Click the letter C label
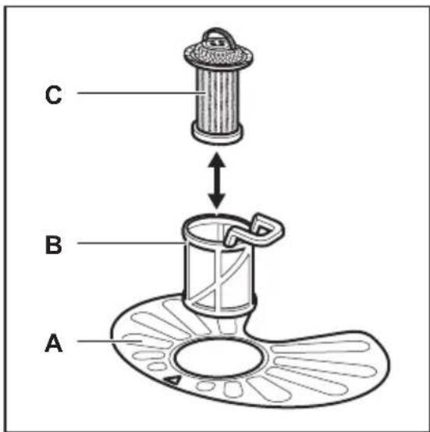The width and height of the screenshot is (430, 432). click(x=54, y=95)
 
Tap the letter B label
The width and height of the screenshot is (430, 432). click(x=54, y=245)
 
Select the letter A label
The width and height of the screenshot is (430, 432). click(x=54, y=342)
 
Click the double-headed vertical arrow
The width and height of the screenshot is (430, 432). click(x=217, y=181)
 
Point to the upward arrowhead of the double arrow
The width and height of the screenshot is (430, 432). click(x=217, y=160)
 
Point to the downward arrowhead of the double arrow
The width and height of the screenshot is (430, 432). click(x=217, y=202)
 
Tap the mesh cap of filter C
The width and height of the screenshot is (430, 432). click(x=219, y=55)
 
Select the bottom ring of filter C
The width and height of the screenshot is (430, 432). click(x=218, y=134)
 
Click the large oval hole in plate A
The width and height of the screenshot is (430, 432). click(x=219, y=358)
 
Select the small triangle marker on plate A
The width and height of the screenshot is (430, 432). click(x=173, y=381)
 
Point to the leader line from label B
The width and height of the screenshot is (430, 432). click(x=130, y=243)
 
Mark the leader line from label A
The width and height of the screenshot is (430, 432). click(x=110, y=341)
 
